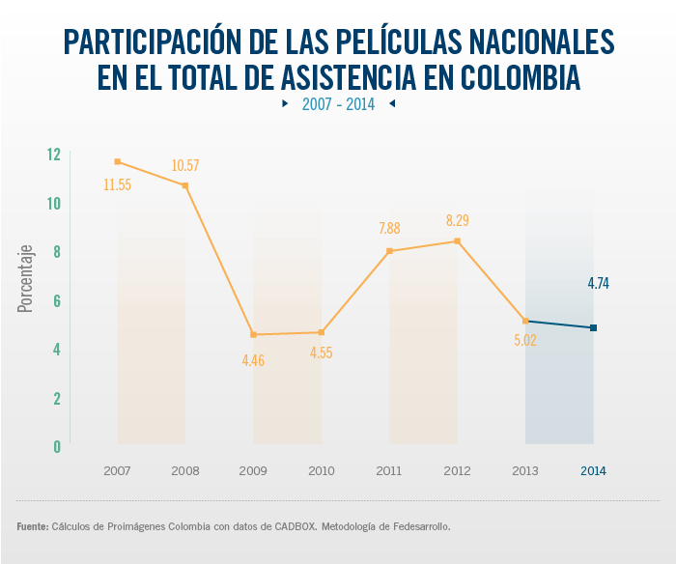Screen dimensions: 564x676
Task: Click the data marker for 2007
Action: pos(118,161)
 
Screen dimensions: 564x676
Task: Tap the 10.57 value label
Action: pos(185,166)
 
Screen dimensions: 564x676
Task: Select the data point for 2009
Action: pos(254,334)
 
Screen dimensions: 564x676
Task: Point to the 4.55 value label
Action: pos(322,353)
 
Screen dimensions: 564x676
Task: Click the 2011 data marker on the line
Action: pos(389,251)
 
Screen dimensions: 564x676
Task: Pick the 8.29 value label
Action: pos(458,221)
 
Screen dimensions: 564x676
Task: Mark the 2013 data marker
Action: pos(525,321)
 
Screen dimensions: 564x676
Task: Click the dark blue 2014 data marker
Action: pos(593,328)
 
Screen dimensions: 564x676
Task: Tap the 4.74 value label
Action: pos(599,284)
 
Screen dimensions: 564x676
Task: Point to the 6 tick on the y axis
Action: pos(56,300)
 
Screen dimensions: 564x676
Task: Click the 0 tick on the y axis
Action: pos(56,446)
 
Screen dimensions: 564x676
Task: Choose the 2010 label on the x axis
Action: pos(322,471)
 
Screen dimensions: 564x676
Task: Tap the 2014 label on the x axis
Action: pos(593,471)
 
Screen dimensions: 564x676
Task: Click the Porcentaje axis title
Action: pos(26,277)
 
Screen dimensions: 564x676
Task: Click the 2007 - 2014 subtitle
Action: pos(338,104)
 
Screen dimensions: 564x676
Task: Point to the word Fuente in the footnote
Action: pos(32,527)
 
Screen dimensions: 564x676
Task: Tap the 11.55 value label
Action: pos(118,184)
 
